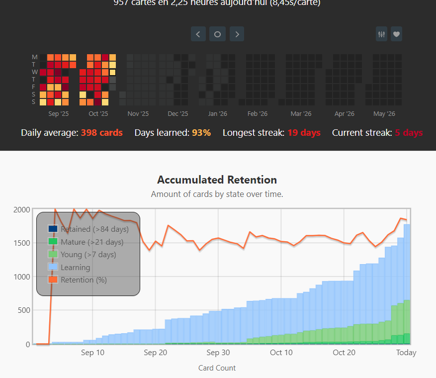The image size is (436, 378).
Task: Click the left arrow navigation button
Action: coord(198,34)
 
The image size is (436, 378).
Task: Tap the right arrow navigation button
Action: coord(237,34)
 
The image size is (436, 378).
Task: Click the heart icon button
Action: coord(396,34)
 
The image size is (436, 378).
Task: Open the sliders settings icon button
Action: coord(382,34)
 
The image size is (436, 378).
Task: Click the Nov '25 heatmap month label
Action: coord(138,114)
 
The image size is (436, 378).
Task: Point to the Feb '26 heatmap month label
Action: coord(257,114)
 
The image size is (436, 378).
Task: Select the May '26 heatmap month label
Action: coord(384,114)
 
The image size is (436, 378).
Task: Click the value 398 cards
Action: coord(101,133)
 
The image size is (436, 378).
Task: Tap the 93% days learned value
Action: coord(201,133)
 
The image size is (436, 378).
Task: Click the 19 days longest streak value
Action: coord(304,133)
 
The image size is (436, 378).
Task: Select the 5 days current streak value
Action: coord(409,133)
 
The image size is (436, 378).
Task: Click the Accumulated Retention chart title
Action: coord(217,180)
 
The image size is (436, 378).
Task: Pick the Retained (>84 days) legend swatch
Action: coord(53,229)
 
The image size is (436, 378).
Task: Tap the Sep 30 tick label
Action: coord(218,353)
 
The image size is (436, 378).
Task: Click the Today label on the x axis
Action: coord(406,353)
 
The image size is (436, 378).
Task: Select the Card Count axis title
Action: coord(217,368)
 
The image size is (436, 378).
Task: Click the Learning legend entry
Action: coord(75,268)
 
